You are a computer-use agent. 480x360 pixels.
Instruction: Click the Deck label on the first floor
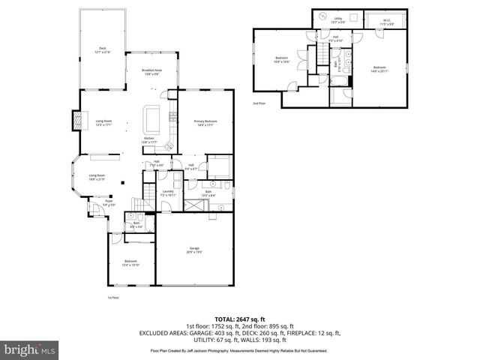tap(102, 49)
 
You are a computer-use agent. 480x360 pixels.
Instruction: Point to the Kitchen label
tap(148, 139)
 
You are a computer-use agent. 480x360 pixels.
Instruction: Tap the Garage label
tap(194, 249)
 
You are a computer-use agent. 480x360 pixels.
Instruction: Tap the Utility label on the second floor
tap(338, 21)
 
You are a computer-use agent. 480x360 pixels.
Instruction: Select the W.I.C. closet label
tap(387, 22)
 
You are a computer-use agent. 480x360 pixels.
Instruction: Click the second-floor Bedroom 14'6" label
tap(378, 69)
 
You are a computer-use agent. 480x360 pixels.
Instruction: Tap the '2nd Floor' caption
tap(259, 103)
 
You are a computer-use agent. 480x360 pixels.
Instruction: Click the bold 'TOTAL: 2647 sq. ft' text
tap(240, 319)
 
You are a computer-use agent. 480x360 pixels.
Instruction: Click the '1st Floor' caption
tap(113, 298)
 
